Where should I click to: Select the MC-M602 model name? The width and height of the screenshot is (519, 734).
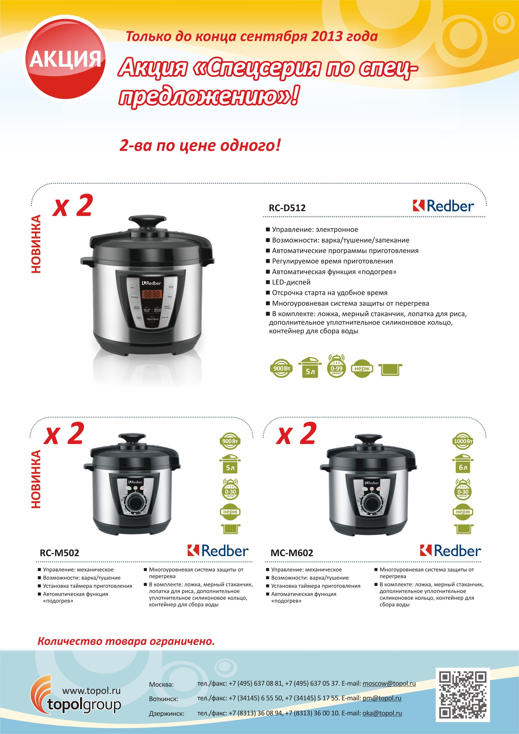(292, 553)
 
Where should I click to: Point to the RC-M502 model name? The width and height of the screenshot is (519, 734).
(59, 553)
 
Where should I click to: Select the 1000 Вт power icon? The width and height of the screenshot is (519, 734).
(463, 441)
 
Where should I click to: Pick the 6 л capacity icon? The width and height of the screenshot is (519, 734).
(463, 464)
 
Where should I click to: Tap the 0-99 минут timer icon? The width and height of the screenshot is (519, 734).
(336, 366)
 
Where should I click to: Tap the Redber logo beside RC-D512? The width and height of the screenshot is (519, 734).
(443, 206)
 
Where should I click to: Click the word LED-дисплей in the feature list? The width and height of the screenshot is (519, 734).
(291, 282)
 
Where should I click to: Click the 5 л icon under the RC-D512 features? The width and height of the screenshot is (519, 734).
(310, 367)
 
